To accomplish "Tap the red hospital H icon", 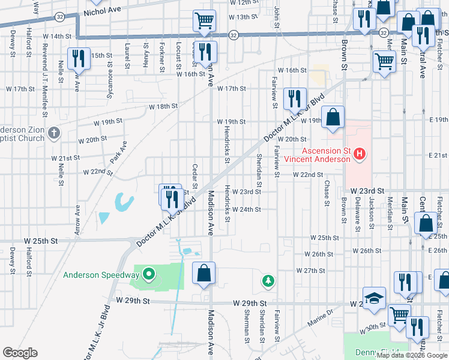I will [x=360, y=155].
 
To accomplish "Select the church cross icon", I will [x=54, y=133].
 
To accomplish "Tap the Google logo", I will [x=20, y=353].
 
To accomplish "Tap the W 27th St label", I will [x=310, y=271].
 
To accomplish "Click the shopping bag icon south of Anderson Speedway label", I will [x=204, y=272].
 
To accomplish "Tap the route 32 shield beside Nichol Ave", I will [x=59, y=16].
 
